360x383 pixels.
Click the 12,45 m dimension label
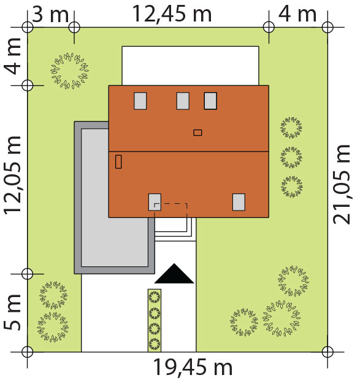(172, 14)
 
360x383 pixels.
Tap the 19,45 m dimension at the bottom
(193, 367)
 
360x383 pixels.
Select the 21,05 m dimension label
(342, 184)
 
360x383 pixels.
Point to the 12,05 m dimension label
(13, 175)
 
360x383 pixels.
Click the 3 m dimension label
(50, 14)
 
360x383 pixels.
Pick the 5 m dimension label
(12, 312)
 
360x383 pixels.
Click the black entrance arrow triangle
(174, 273)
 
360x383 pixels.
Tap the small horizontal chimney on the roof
(197, 133)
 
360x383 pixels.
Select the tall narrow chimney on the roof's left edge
(118, 161)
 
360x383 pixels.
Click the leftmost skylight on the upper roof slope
(140, 101)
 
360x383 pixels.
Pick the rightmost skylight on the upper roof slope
(210, 101)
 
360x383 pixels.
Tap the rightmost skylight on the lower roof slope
(239, 202)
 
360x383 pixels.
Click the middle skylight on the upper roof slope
(183, 101)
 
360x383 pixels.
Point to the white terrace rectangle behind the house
(190, 66)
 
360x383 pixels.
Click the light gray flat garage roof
(115, 198)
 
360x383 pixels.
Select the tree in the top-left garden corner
(70, 71)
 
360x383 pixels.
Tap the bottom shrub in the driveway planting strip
(155, 344)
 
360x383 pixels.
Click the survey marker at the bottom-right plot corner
(327, 352)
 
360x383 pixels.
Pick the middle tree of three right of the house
(291, 157)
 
